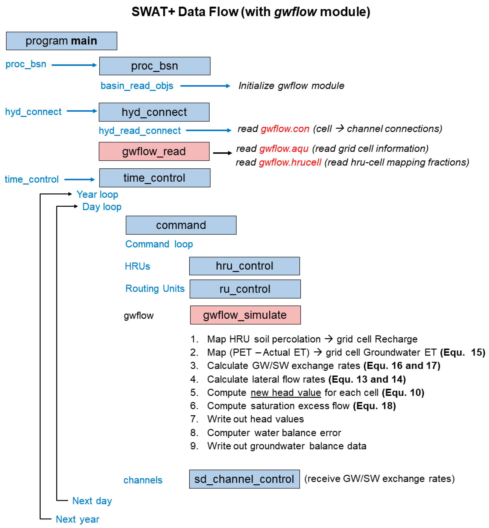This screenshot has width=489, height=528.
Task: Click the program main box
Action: [x=61, y=41]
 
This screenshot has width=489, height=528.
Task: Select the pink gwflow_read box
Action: [x=154, y=151]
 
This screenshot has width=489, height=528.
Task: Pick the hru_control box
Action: [x=244, y=266]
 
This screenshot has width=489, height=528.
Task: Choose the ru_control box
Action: [x=245, y=289]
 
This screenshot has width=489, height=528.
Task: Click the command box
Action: [x=181, y=225]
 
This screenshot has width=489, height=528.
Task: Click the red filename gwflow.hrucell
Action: [x=290, y=162]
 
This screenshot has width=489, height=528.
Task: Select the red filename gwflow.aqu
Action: [x=284, y=149]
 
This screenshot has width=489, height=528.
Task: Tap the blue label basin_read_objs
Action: [x=137, y=86]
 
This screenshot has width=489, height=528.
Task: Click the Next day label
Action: [x=92, y=501]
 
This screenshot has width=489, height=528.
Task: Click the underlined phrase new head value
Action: [x=286, y=393]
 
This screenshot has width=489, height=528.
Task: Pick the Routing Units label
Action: [x=155, y=288]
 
